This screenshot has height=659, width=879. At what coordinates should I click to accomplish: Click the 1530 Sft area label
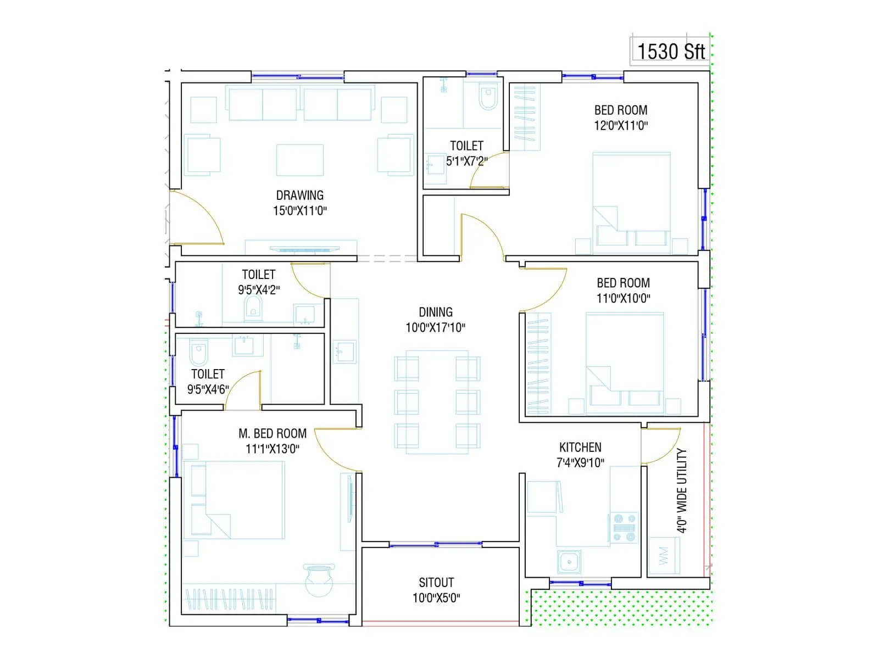point(671,51)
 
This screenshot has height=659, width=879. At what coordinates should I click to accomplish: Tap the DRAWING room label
point(300,196)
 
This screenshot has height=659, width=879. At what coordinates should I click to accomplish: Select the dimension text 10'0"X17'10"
point(435,328)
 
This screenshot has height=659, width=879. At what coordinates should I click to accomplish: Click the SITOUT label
point(436,582)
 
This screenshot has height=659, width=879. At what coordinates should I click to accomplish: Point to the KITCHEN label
point(580,447)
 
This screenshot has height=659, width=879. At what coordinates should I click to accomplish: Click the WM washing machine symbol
point(664,556)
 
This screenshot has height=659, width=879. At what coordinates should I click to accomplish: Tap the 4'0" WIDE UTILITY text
point(682,490)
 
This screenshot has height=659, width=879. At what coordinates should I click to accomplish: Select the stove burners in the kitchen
point(624,527)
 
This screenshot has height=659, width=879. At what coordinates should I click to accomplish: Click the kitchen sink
point(569,562)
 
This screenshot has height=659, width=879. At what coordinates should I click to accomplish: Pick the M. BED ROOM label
point(272,433)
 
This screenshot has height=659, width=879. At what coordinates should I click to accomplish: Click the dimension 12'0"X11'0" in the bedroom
point(621,125)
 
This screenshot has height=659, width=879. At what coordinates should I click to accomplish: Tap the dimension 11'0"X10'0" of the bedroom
point(623,298)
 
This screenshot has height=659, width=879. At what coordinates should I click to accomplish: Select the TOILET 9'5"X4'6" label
point(208,382)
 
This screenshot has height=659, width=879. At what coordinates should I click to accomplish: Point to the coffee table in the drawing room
point(300,160)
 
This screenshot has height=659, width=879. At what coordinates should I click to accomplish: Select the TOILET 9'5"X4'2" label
point(258,282)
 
